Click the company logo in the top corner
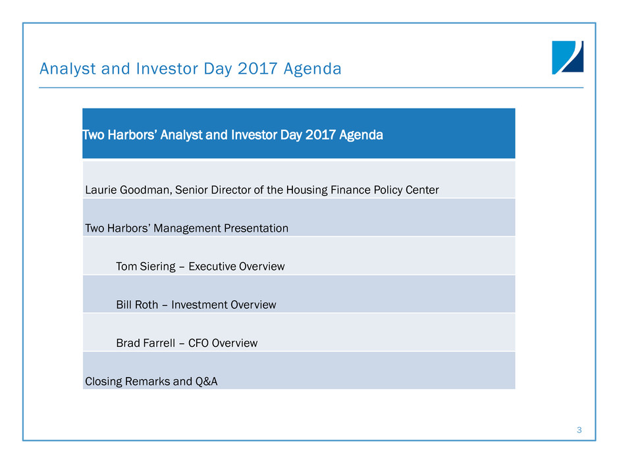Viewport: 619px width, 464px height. (x=568, y=57)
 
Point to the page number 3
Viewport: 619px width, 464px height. (x=579, y=430)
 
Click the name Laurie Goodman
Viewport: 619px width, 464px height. (x=128, y=190)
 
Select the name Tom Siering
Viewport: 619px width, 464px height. (x=146, y=267)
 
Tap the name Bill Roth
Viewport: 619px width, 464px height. (x=137, y=305)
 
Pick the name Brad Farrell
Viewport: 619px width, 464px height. (x=146, y=343)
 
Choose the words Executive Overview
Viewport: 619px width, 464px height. (x=236, y=267)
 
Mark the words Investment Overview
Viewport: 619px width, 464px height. (x=224, y=305)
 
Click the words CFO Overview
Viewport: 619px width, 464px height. (x=223, y=343)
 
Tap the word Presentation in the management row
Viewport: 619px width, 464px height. (x=256, y=228)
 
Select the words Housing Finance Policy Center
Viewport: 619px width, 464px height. (x=362, y=190)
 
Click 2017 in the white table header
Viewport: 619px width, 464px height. (x=320, y=135)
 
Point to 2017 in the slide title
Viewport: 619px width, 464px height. (x=257, y=68)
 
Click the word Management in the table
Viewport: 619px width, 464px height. (x=187, y=228)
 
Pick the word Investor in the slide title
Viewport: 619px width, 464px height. (x=167, y=68)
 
